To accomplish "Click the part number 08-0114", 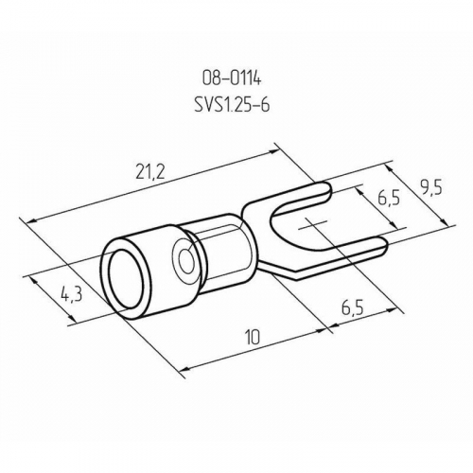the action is point(232,79).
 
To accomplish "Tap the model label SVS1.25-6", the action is point(232,104).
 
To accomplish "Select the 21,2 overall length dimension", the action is point(150,172).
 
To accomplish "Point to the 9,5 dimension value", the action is point(431,189).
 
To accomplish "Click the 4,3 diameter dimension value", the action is point(72,295).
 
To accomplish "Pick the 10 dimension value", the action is point(253,338).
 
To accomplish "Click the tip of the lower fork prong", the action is point(386,245).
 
